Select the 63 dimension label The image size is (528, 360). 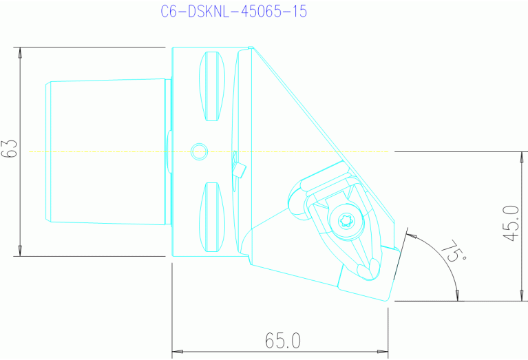click(9, 151)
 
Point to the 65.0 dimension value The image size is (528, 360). click(283, 341)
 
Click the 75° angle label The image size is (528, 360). click(455, 252)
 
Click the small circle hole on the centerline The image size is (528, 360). click(199, 151)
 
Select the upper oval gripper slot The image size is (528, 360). click(212, 86)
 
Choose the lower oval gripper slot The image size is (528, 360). click(212, 218)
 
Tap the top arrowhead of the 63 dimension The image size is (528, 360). click(21, 52)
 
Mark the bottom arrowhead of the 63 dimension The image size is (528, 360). click(21, 251)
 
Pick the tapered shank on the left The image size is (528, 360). click(107, 151)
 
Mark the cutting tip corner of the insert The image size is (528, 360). click(391, 299)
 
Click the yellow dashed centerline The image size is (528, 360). click(103, 151)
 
